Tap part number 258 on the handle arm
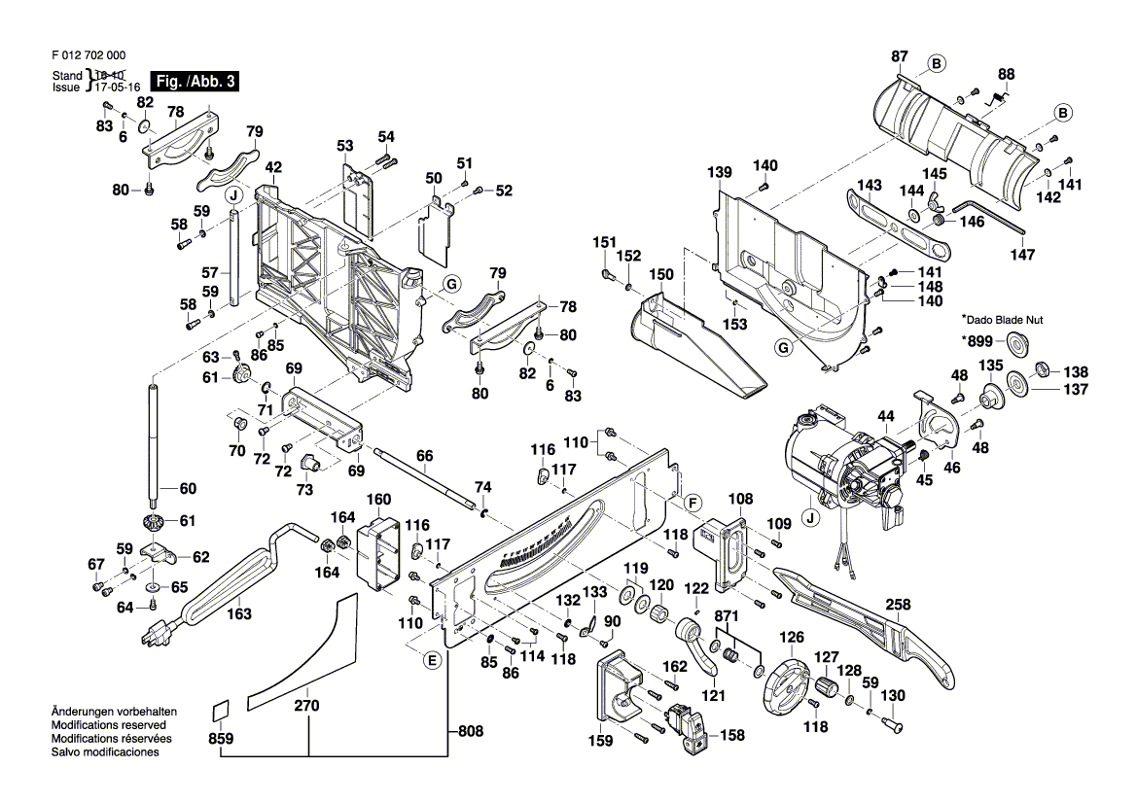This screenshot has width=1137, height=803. coord(898,605)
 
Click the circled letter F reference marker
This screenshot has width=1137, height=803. coord(692,503)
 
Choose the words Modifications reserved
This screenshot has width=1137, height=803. coord(108,725)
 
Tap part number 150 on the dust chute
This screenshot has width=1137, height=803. coord(661,275)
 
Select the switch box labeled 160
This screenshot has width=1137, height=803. coord(377,552)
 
